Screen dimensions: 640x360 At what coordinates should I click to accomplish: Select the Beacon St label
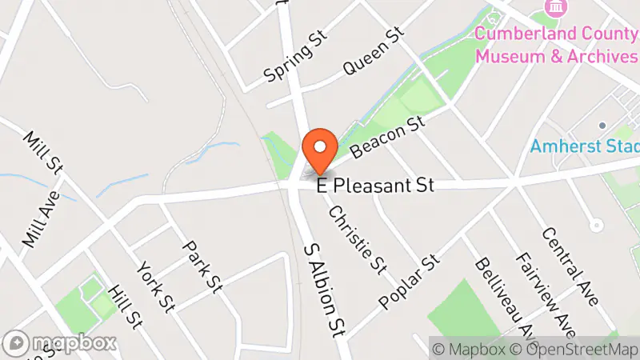(386, 137)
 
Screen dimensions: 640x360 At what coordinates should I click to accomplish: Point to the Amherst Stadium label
(584, 147)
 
